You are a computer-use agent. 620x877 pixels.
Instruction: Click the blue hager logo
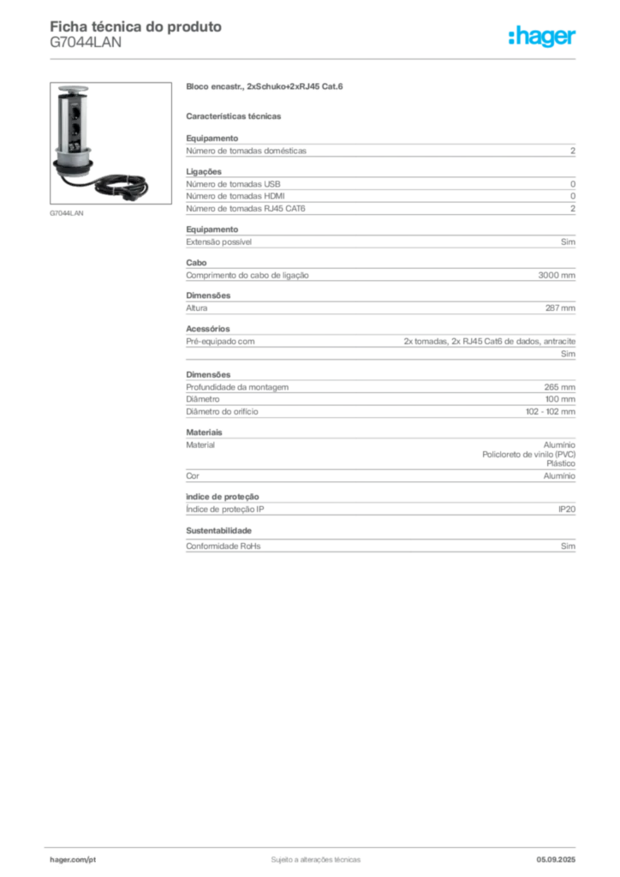click(544, 38)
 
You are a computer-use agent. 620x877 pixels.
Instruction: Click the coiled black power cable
click(120, 182)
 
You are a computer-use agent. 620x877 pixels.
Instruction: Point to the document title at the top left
click(137, 27)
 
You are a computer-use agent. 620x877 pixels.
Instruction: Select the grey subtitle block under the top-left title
click(86, 47)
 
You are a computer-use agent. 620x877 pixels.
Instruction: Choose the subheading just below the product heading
click(235, 114)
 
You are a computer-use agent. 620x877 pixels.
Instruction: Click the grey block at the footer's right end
click(561, 856)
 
